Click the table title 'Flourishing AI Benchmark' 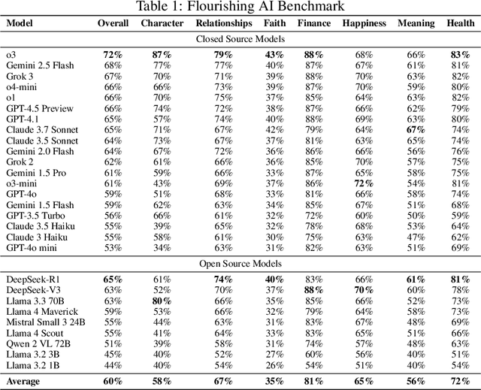tap(240, 7)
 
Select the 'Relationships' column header tap(223, 23)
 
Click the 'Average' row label tap(24, 381)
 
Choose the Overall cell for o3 tap(113, 55)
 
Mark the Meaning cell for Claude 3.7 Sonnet tap(415, 129)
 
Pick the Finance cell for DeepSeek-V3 tap(314, 290)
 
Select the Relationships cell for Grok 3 tap(223, 76)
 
